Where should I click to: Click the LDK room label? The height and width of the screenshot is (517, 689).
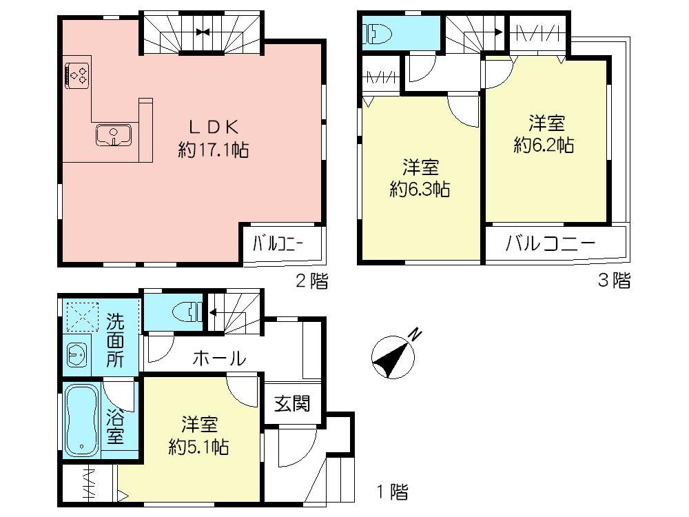tap(214, 127)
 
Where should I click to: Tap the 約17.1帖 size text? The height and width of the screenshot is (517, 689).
tap(214, 150)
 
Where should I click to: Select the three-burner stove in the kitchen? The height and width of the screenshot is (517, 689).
tap(76, 74)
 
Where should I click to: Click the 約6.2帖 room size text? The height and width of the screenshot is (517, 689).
tap(544, 145)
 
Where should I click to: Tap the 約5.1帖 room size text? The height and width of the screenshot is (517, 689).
tap(199, 447)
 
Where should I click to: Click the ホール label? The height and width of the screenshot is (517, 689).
tap(218, 358)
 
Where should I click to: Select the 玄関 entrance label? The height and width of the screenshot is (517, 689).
tap(292, 405)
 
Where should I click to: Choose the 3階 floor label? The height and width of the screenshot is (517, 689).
tap(613, 281)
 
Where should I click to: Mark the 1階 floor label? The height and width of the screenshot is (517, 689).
tap(391, 492)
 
